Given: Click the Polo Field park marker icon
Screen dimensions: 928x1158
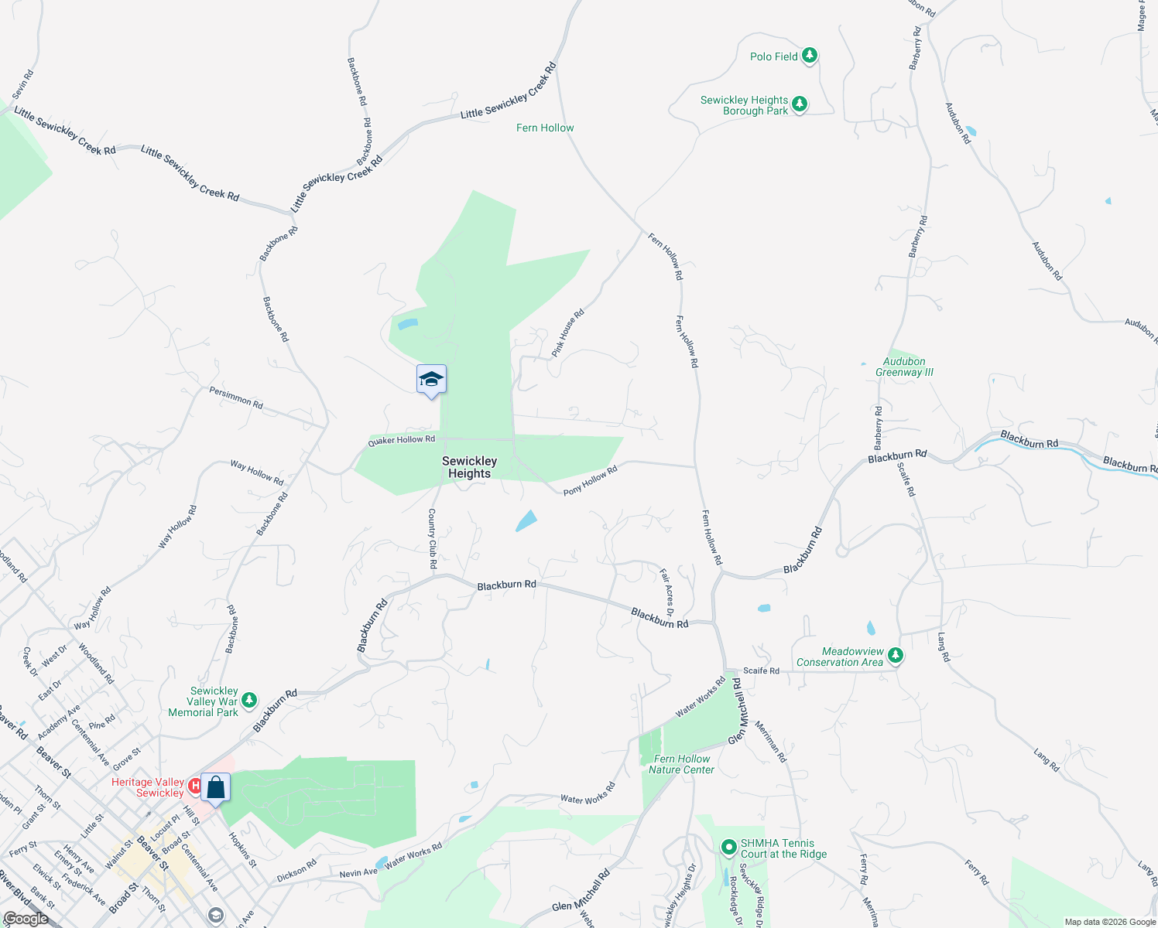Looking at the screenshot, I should coord(810,56).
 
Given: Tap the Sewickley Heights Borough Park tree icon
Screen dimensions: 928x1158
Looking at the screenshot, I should coord(800,104).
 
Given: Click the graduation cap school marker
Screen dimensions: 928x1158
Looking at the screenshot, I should coord(431,380).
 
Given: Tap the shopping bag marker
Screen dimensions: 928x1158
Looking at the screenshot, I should coord(215,788).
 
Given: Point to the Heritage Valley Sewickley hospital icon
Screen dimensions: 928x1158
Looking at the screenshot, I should coord(195,786).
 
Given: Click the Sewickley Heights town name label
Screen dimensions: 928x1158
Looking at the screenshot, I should coord(469,467).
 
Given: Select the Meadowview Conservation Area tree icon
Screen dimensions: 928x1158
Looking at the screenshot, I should coord(896,656).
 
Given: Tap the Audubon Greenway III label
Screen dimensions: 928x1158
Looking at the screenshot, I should coord(904,367).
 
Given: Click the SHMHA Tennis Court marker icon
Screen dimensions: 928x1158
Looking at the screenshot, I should coord(728,848).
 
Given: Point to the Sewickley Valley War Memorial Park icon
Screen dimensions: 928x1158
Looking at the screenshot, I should coord(248,701).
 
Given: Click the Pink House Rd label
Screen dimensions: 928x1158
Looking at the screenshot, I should coord(567,333).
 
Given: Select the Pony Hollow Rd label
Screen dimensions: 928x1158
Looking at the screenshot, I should coord(590,480).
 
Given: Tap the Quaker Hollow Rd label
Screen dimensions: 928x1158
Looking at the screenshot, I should coord(401,441).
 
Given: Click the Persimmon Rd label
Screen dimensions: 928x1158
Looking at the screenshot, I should coord(236,398).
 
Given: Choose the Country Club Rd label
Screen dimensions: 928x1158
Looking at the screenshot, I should coord(432,538).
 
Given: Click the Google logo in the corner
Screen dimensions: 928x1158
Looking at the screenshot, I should coord(26,919).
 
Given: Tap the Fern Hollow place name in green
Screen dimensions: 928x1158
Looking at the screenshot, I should coord(545,128).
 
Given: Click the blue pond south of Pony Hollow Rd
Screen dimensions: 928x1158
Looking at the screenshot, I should coord(526,520).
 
